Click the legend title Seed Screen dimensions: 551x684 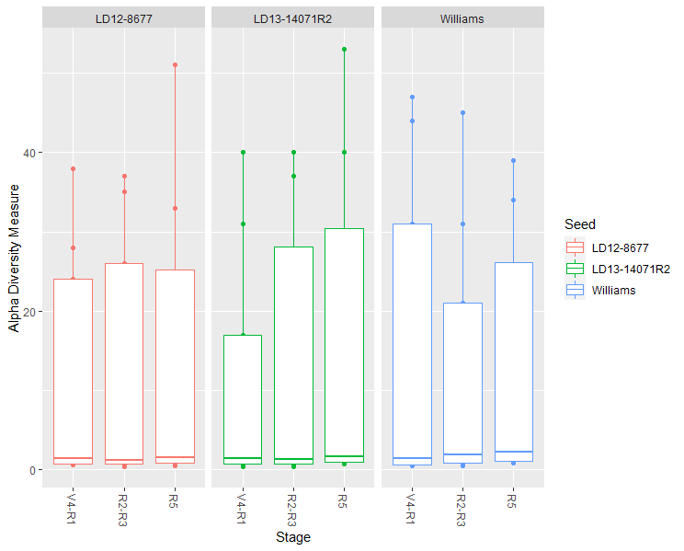point(580,224)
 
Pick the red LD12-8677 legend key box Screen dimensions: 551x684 point(576,247)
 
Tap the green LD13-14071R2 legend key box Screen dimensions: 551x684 point(576,269)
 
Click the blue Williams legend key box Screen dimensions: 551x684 point(576,290)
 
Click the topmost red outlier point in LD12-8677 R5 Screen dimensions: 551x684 point(175,65)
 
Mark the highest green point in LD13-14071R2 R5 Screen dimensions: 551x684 point(344,50)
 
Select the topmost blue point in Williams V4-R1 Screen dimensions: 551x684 point(412,97)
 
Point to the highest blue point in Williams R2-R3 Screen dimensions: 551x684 point(462,113)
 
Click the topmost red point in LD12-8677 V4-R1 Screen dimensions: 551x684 point(73,169)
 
